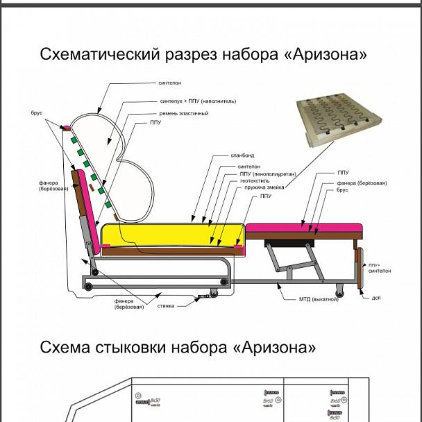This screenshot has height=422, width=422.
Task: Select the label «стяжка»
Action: point(165,304)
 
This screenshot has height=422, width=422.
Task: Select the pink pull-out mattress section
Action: point(304,228)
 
